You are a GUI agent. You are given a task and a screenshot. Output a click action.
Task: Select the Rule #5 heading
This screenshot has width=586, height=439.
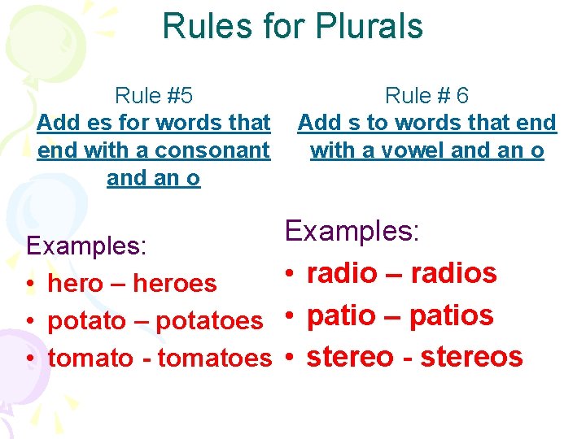click(154, 96)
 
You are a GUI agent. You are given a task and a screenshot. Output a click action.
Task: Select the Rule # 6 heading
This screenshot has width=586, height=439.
click(426, 96)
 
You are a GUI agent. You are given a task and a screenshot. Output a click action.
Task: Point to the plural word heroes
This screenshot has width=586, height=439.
click(175, 284)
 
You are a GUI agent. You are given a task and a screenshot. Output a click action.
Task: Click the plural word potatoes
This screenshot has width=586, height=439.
click(209, 321)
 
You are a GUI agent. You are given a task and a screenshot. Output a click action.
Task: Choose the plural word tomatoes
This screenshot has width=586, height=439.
click(214, 358)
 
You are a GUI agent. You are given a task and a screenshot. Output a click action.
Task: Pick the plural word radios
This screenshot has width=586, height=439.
click(453, 274)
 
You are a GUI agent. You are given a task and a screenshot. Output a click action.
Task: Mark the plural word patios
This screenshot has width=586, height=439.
click(451, 315)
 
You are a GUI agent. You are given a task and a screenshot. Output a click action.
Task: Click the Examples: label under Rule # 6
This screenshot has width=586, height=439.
click(352, 231)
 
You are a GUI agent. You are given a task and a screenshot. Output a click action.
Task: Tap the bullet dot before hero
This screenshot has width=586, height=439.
click(29, 285)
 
